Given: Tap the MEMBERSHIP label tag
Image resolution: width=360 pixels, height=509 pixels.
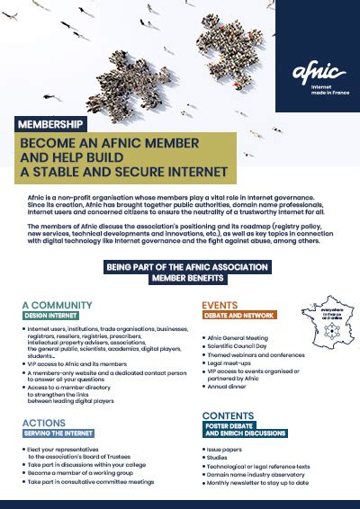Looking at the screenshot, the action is (x=52, y=123).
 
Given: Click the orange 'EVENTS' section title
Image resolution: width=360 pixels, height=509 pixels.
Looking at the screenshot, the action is (x=226, y=304).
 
